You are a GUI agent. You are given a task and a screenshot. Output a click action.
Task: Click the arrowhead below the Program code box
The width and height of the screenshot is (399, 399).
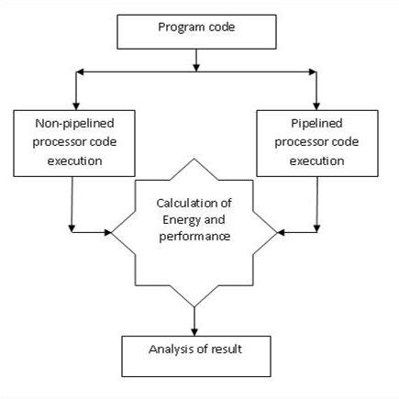196,67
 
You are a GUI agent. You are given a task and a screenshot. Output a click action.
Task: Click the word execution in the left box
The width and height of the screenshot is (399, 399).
72,162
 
